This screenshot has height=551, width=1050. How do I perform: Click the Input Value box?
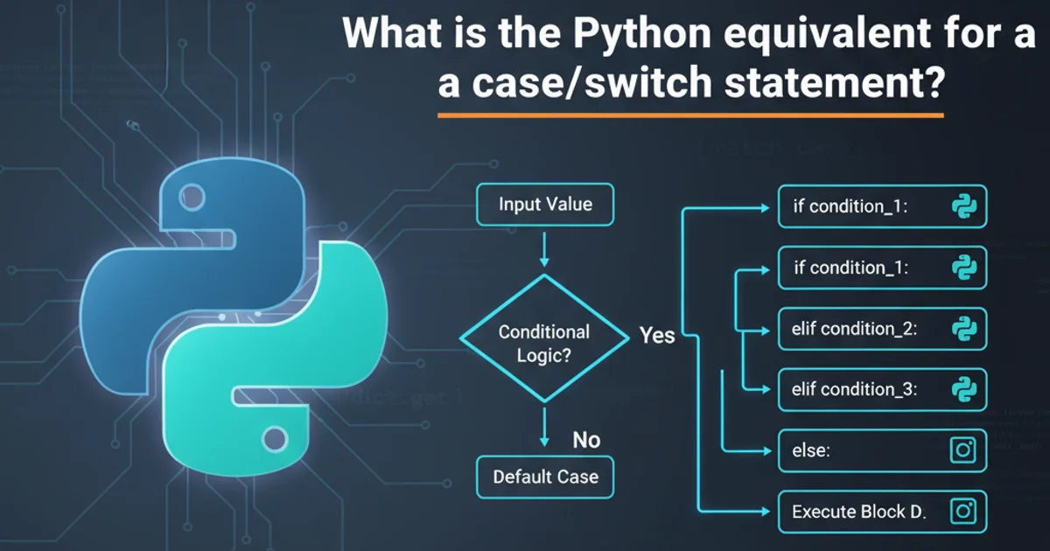point(544,206)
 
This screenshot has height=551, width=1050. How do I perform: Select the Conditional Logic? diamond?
point(544,342)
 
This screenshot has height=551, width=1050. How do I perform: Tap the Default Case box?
point(544,477)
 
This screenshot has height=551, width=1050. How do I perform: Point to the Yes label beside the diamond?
point(657,335)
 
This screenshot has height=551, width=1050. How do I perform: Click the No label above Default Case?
point(585,440)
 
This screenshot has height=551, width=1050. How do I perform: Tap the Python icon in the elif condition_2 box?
point(963,329)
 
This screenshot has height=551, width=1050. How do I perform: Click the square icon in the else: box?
point(962,450)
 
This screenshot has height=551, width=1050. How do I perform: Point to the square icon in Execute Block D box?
point(962,511)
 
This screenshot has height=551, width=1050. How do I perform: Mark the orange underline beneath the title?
point(690,115)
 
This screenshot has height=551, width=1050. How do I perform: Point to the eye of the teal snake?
point(274,436)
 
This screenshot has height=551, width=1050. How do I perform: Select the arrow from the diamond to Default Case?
point(544,429)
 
